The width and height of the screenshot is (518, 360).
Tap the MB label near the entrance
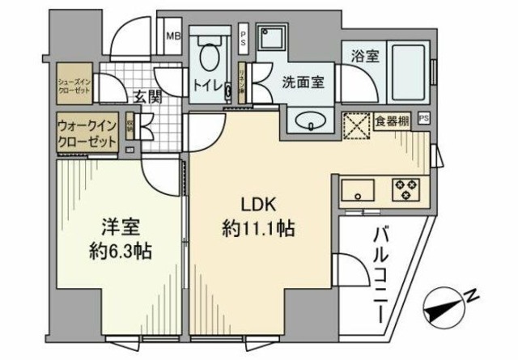pyautogui.click(x=173, y=36)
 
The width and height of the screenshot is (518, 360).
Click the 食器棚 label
pyautogui.click(x=393, y=121)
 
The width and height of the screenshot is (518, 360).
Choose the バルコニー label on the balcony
pyautogui.click(x=380, y=275)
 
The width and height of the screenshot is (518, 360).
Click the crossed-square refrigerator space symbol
pyautogui.click(x=357, y=125)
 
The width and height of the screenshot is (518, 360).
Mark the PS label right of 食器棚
pyautogui.click(x=425, y=118)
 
